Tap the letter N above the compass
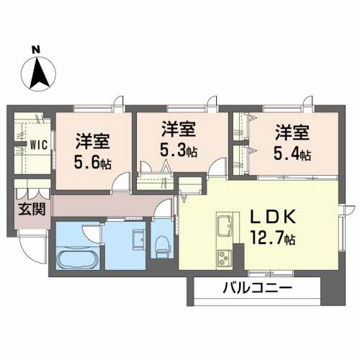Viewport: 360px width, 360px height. click(x=36, y=49)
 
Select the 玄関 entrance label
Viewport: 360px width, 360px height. click(x=30, y=210)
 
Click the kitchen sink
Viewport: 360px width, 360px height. click(x=222, y=226)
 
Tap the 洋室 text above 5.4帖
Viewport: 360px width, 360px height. click(x=292, y=132)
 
